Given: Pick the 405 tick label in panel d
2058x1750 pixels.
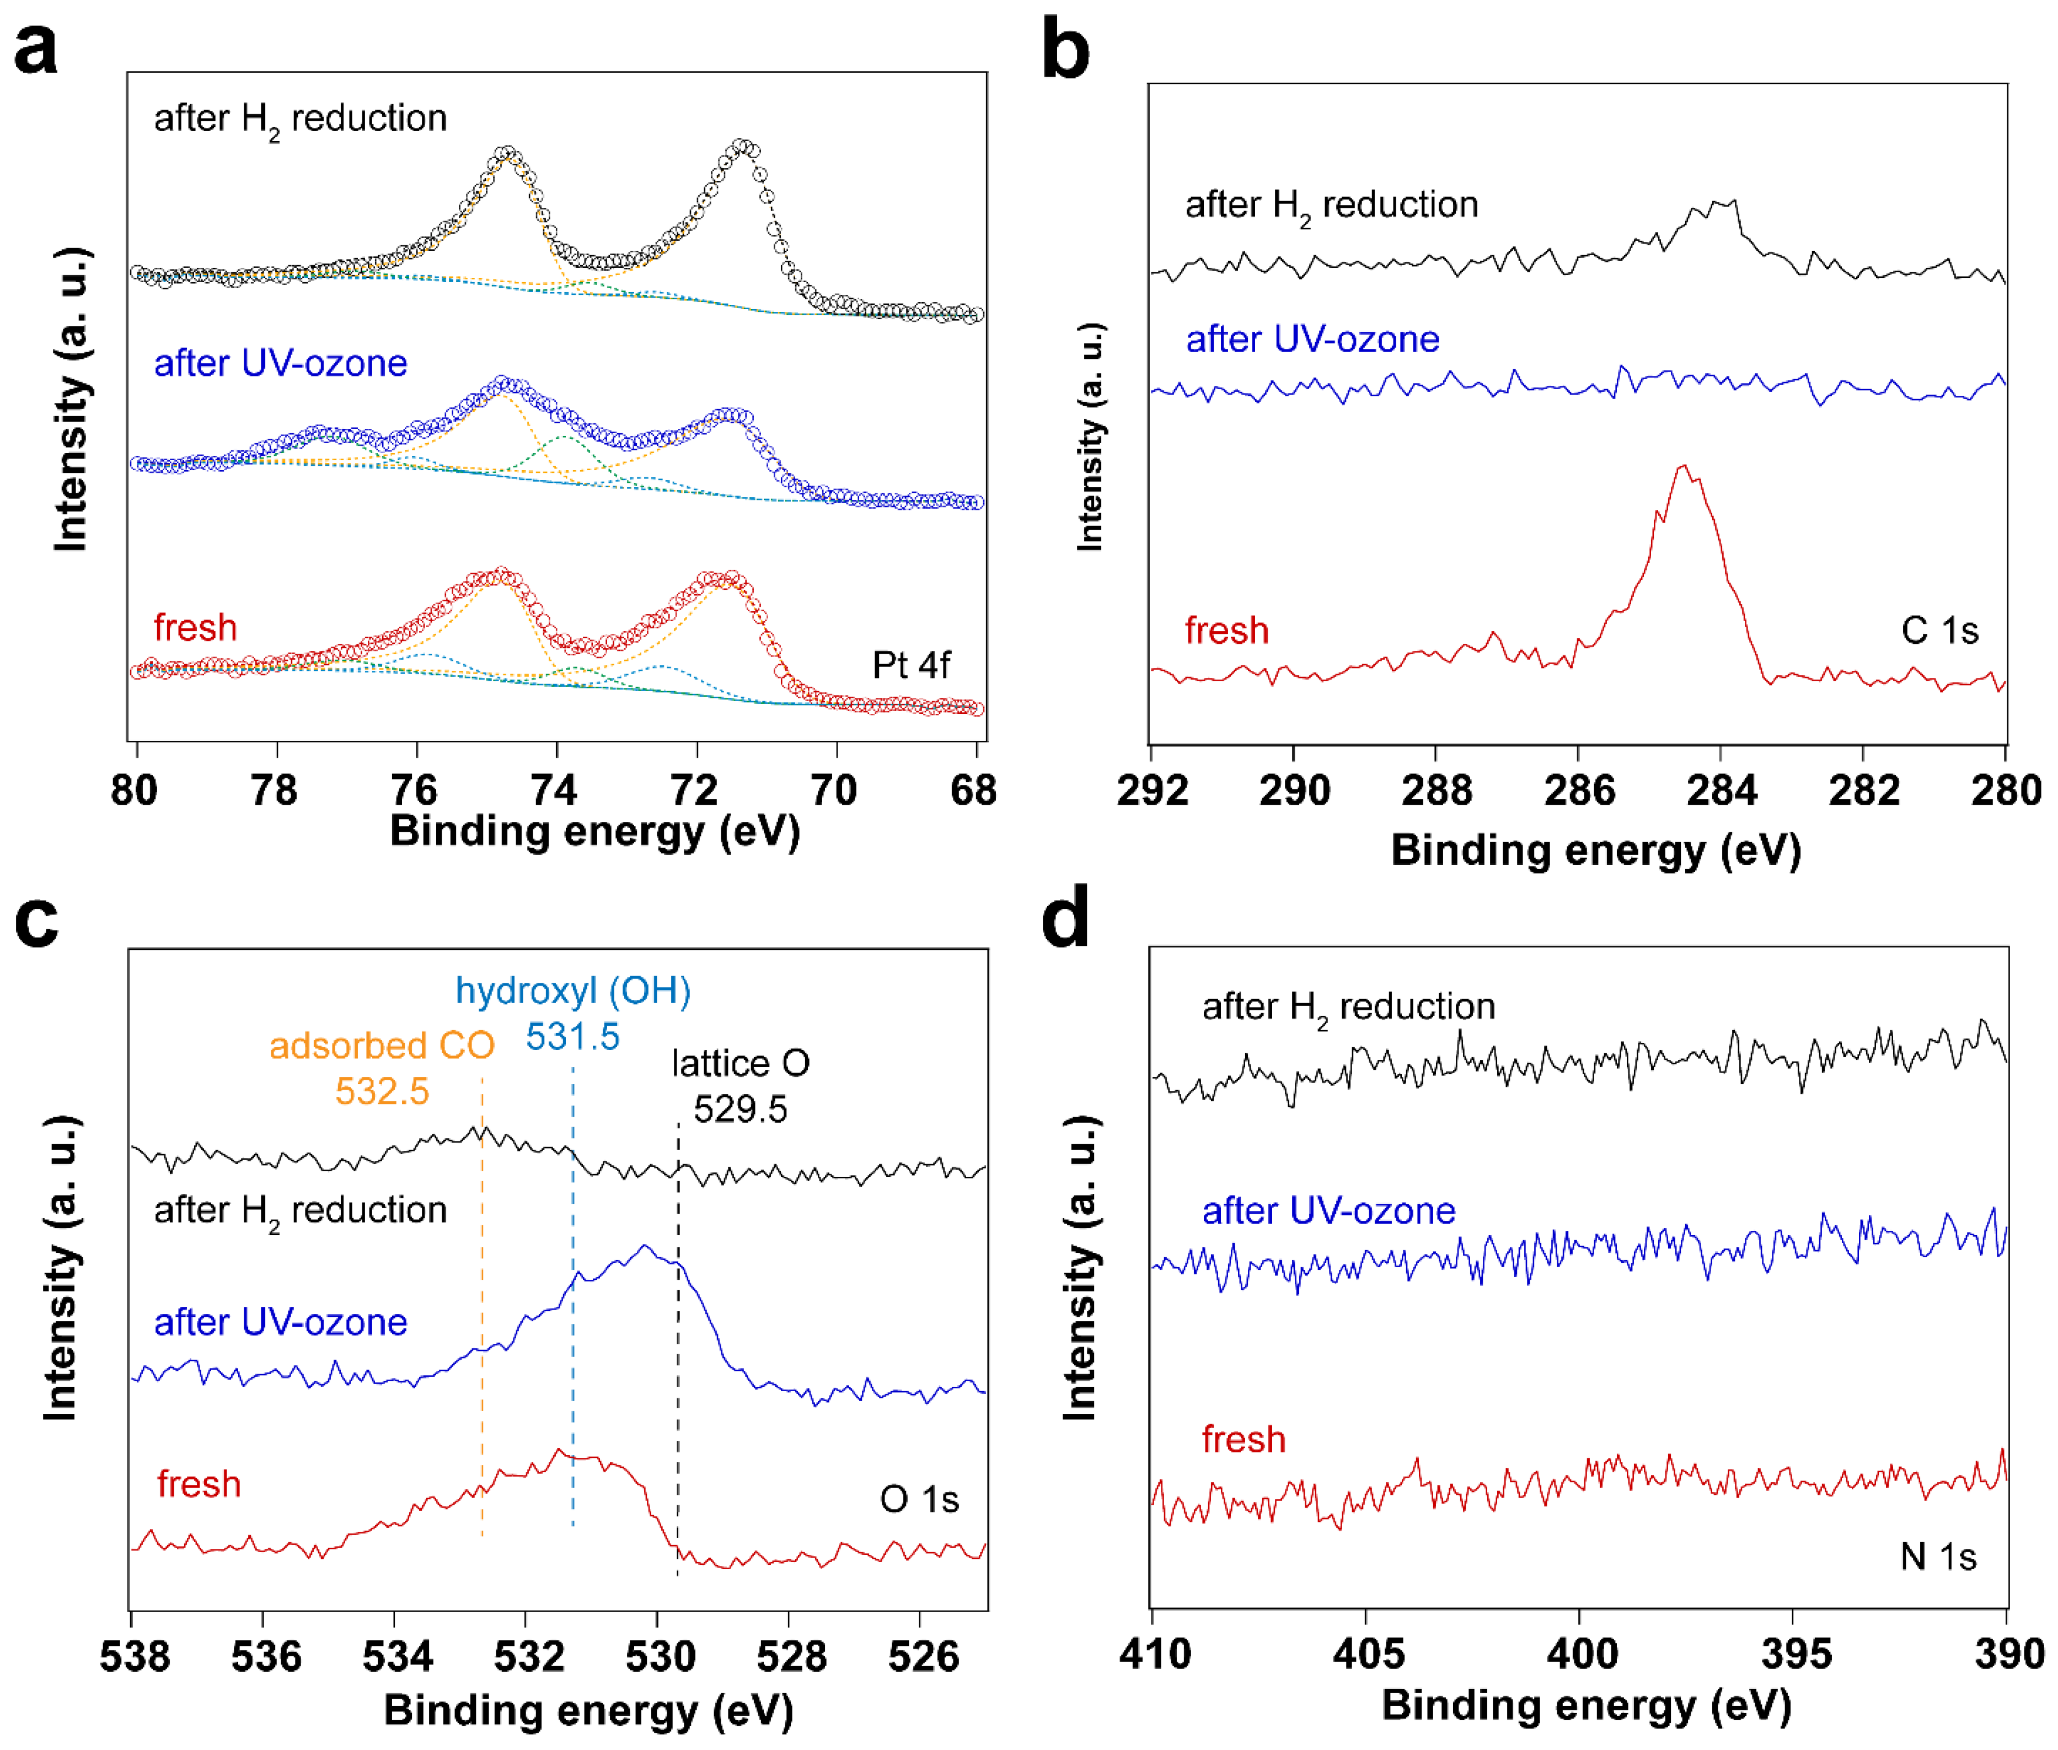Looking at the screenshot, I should [1368, 1654].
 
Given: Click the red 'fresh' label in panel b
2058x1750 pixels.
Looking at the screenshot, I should [1226, 630].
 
